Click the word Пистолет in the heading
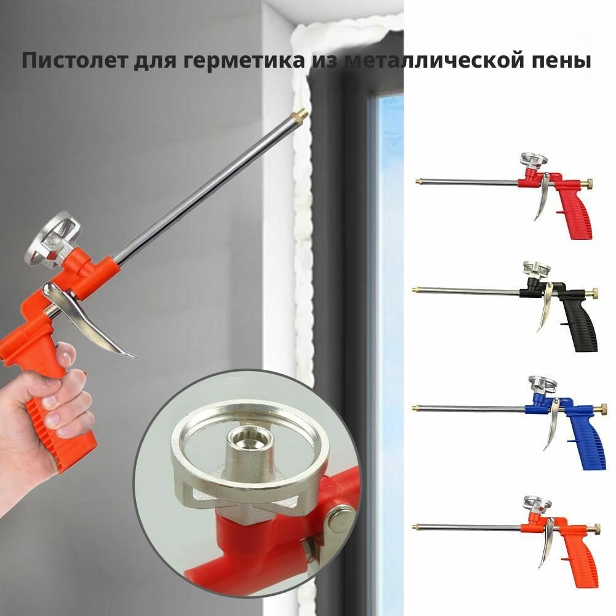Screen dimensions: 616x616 click(74, 60)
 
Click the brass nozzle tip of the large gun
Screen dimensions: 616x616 click(298, 115)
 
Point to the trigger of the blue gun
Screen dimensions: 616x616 click(553, 424)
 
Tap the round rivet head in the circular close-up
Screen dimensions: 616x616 click(341, 519)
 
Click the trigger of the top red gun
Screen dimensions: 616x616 click(543, 196)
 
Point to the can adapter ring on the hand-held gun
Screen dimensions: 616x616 click(51, 239)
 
